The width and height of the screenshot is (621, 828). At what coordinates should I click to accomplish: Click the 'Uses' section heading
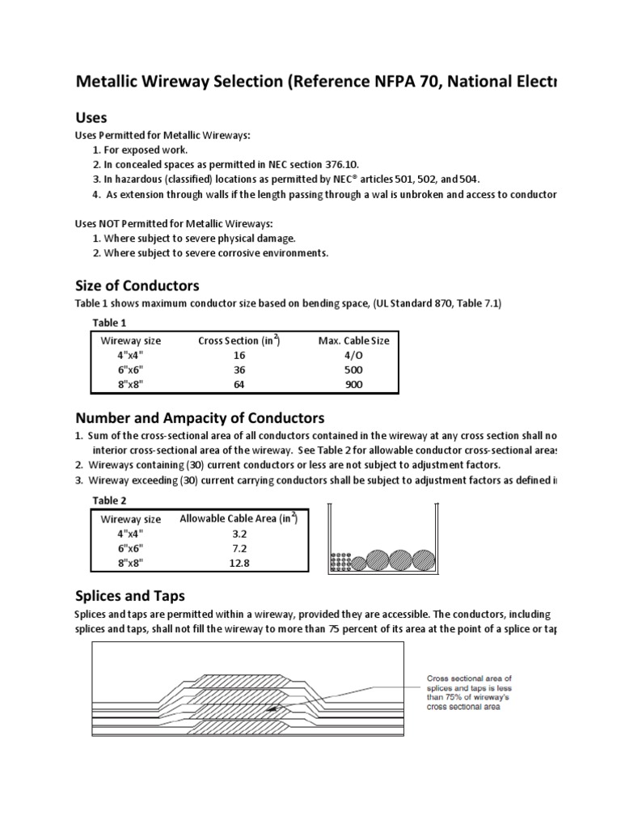(x=91, y=118)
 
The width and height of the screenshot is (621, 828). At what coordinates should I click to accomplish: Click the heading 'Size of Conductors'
(x=137, y=286)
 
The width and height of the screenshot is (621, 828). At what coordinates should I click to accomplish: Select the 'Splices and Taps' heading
(x=129, y=596)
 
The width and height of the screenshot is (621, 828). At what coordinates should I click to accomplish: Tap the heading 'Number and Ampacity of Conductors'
(x=200, y=418)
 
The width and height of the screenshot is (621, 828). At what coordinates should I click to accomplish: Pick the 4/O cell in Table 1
(x=353, y=355)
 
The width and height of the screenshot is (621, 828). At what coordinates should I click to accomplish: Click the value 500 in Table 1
(x=353, y=370)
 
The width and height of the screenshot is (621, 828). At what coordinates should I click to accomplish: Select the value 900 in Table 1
(x=353, y=385)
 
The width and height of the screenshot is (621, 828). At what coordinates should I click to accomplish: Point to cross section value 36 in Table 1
(x=239, y=370)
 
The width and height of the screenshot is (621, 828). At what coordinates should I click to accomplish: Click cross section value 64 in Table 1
(x=239, y=385)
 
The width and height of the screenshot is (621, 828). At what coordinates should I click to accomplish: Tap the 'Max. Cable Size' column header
(x=353, y=340)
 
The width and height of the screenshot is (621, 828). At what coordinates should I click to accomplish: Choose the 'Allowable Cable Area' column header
(x=239, y=519)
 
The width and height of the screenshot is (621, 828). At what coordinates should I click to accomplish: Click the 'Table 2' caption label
(x=109, y=501)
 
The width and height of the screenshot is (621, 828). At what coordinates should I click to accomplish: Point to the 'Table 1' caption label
(x=109, y=322)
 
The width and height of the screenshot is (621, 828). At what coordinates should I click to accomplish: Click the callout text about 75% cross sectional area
(x=469, y=692)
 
